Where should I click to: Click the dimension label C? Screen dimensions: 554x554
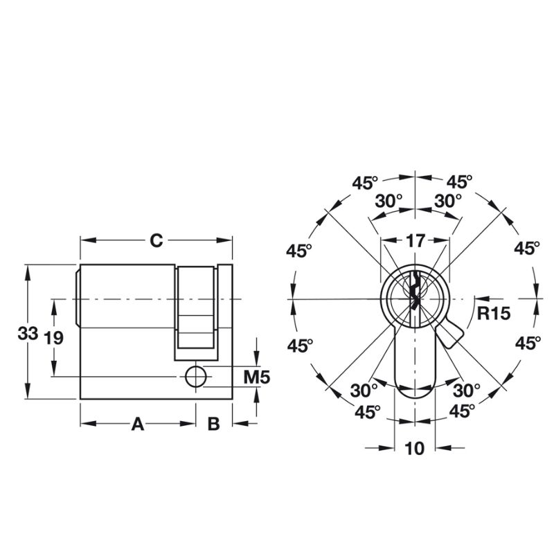coord(157,240)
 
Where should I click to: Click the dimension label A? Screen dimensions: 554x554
coord(138,424)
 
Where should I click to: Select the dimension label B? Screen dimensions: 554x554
coord(214,424)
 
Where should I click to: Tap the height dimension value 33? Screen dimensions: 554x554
coord(27,334)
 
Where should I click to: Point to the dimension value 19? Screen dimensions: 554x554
coord(53,338)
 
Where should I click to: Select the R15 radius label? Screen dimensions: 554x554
coord(494,312)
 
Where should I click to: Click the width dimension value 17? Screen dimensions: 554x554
coord(415,241)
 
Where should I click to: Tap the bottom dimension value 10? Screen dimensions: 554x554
coord(415,448)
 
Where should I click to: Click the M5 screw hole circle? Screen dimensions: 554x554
coord(195,375)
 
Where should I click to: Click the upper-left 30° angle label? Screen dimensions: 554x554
coord(388,201)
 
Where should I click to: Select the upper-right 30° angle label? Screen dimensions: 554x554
coord(447,201)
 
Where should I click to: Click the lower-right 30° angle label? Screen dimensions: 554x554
coord(466,389)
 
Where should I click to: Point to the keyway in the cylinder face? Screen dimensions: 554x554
coord(413,291)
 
